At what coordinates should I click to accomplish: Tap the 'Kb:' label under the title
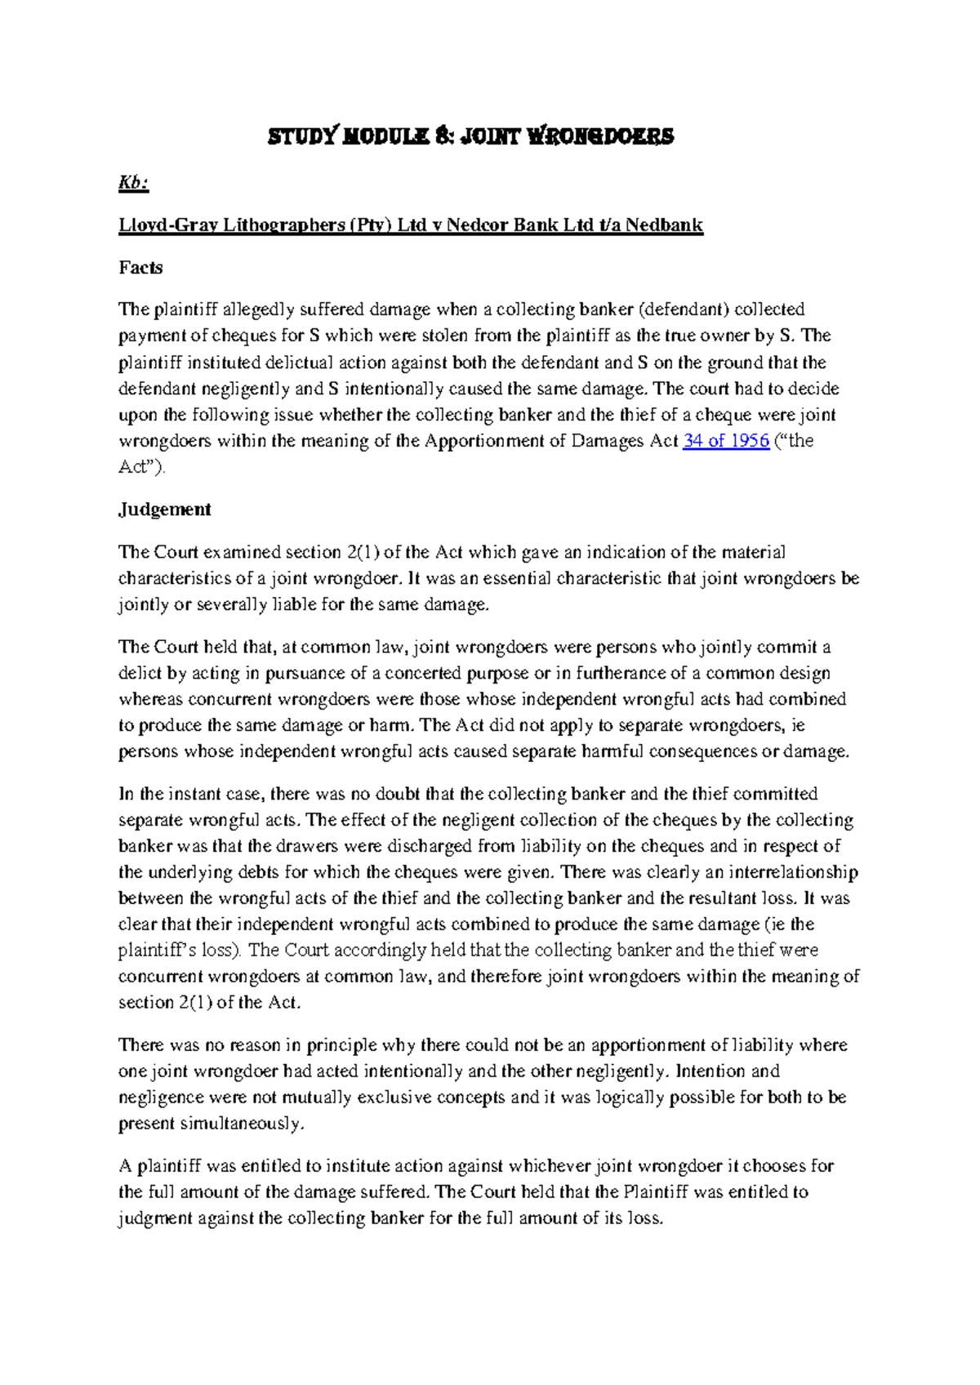click(x=133, y=185)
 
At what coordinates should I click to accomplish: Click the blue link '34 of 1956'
click(x=726, y=441)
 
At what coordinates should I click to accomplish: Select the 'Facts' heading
click(x=140, y=268)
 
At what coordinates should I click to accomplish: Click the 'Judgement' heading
click(x=164, y=510)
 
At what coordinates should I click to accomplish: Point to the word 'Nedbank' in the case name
click(x=664, y=225)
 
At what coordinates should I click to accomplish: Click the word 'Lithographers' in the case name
click(x=281, y=225)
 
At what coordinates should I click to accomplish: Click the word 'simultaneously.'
click(x=212, y=1124)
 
